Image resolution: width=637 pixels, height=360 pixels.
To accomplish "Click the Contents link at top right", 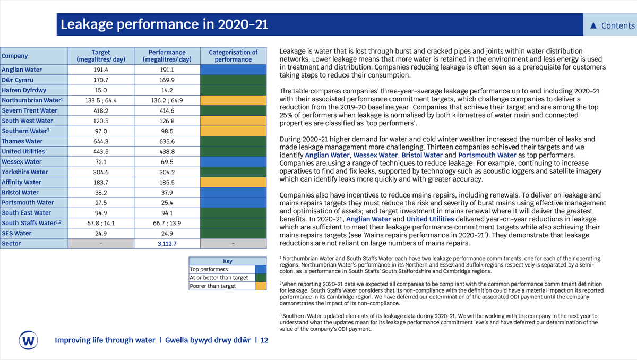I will (613, 25).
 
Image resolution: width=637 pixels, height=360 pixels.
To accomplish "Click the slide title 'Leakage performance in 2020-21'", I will (164, 25).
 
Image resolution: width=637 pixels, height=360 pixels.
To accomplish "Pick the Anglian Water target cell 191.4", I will (101, 70).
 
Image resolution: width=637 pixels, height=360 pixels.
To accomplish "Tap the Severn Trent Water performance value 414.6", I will (167, 110).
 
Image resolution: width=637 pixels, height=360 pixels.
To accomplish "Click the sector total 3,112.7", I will (167, 244).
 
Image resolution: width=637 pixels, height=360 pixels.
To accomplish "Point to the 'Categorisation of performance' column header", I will (233, 56).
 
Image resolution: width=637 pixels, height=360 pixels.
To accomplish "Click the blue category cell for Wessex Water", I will (233, 161).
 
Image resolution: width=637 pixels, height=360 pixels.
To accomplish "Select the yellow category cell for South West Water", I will (233, 121).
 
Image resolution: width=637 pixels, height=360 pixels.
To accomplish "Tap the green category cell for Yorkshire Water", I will (233, 172).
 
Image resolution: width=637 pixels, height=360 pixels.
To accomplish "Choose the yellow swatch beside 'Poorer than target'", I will (261, 286).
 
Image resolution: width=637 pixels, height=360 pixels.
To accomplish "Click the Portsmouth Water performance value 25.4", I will (167, 202).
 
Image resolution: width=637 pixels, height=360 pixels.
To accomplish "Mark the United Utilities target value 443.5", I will (101, 151).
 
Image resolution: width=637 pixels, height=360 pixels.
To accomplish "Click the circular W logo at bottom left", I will (28, 340).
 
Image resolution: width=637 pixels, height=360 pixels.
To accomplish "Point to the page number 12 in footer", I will (264, 340).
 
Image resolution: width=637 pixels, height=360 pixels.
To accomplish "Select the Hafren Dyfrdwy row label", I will (24, 90).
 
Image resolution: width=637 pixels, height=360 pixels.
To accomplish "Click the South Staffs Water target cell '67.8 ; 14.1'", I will (101, 223).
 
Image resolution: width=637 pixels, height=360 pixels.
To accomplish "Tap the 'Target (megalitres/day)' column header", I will (101, 56).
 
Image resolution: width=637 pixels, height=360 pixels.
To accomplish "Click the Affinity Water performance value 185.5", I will (167, 182).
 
